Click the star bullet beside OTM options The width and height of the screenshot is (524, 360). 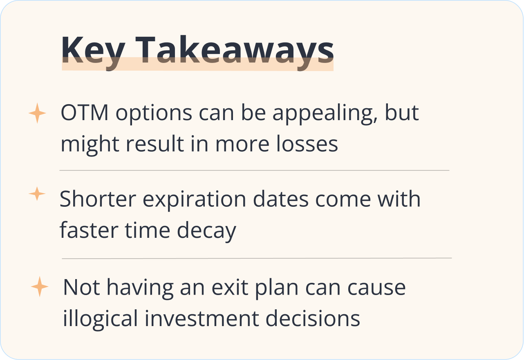[37, 113]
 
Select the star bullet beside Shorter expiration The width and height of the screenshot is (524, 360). [37, 194]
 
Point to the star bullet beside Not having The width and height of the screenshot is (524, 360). [40, 286]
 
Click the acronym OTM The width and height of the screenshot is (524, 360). [85, 112]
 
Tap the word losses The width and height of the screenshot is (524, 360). [307, 143]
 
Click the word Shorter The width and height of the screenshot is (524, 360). [98, 199]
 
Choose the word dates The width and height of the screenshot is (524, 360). [281, 199]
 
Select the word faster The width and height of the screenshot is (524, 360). [89, 230]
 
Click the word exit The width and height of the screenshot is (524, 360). [230, 287]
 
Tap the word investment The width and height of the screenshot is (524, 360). [202, 318]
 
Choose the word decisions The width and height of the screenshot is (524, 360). [313, 318]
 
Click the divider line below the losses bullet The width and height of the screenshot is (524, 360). [254, 170]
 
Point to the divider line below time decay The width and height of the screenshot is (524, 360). [257, 259]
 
